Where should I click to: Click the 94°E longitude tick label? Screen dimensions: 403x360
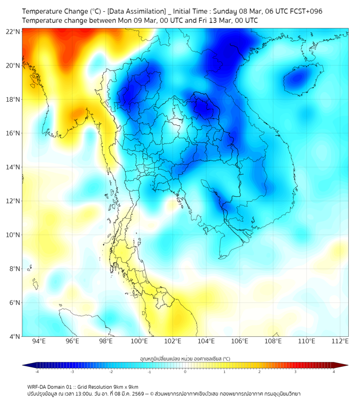click(39, 342)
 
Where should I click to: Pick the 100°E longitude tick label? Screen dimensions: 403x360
click(139, 342)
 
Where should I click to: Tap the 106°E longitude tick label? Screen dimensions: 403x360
click(240, 342)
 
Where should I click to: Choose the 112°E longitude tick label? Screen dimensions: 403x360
click(340, 342)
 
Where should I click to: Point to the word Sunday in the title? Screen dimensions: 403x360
click(227, 11)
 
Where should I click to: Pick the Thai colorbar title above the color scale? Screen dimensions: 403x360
click(185, 359)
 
